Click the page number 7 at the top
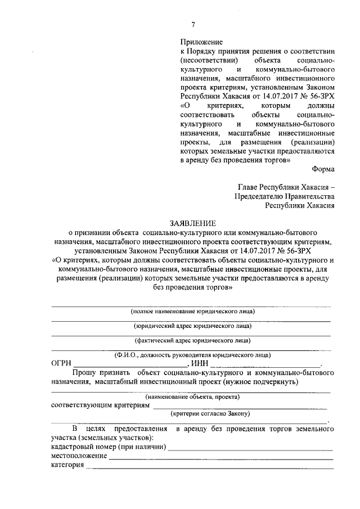193,24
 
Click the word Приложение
201,42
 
